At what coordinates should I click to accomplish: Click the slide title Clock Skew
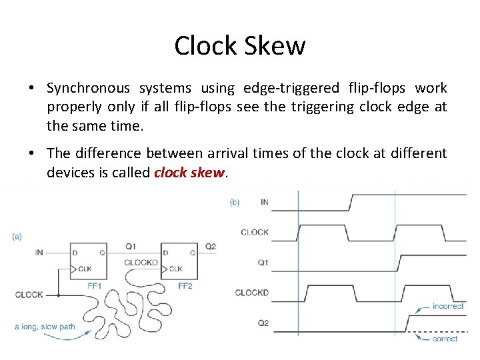tap(240, 45)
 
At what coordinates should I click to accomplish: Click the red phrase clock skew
tap(190, 173)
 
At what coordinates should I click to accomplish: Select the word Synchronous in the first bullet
tap(86, 88)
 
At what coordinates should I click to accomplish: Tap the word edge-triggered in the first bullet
tap(292, 88)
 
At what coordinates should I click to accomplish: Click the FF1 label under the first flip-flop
tap(93, 285)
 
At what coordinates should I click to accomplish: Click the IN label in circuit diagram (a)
tap(39, 253)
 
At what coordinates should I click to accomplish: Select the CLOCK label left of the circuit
tap(29, 294)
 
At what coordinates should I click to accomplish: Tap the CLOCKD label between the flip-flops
tap(141, 262)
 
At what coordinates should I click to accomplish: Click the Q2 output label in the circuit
tap(210, 247)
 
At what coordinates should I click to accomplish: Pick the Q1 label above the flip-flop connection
tap(131, 247)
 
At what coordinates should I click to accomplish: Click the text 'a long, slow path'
tap(43, 327)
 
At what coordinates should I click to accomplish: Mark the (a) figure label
tap(17, 235)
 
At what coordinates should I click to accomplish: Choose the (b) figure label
tap(235, 201)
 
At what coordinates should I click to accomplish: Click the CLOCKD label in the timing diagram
tap(252, 293)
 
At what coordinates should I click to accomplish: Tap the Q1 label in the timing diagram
tap(263, 262)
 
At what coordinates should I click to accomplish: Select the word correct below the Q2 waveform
tap(445, 339)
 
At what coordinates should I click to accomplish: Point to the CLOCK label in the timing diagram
tap(255, 232)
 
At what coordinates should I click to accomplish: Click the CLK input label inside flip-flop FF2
tap(175, 269)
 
